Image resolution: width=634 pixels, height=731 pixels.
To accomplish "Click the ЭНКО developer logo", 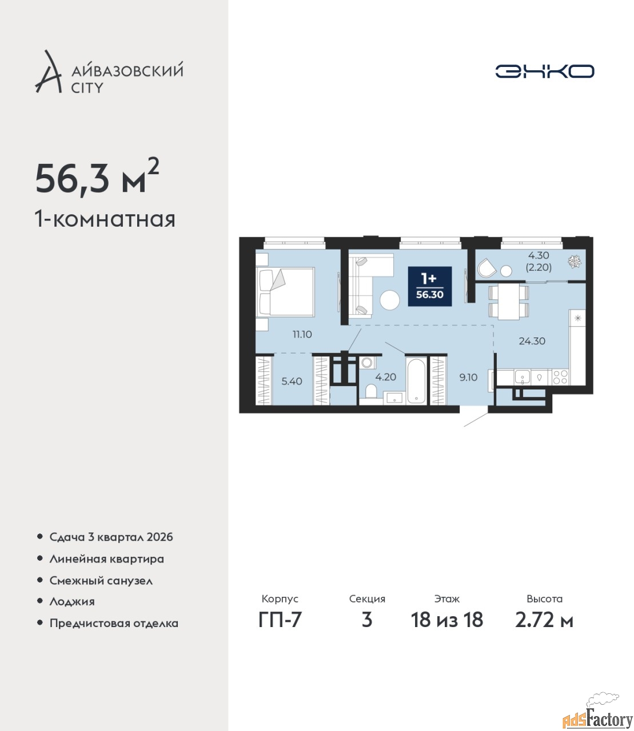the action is [544, 71].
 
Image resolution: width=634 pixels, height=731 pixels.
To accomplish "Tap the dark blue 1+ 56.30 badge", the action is [430, 286].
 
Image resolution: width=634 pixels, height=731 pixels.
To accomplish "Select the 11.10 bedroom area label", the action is [302, 334].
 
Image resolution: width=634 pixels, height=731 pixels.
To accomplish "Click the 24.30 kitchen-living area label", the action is [532, 341].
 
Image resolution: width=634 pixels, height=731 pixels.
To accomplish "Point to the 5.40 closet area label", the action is [292, 381].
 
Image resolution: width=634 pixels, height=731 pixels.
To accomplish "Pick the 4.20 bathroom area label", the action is [385, 377].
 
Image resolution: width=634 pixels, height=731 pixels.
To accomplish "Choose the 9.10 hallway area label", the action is [468, 377].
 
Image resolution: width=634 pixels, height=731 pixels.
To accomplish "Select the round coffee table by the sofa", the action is [390, 300].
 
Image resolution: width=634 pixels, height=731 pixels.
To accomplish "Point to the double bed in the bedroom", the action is [285, 292].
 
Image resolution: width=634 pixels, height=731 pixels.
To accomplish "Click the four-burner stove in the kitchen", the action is [560, 377].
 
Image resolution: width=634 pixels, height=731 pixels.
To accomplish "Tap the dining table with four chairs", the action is [509, 302].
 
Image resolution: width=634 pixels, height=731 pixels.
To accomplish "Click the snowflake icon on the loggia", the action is [575, 262].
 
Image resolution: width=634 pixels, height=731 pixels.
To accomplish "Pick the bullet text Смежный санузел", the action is [101, 581].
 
